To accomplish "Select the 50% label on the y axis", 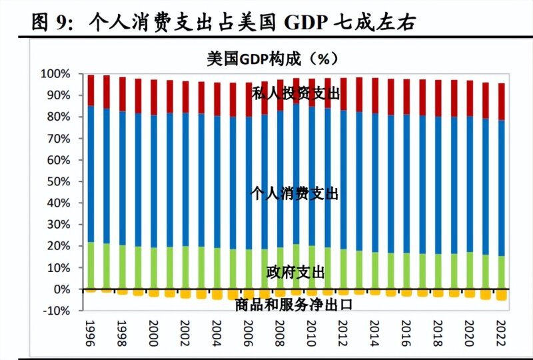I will (58, 181).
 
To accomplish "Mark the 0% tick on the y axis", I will (61, 289).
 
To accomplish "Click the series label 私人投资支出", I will (296, 94).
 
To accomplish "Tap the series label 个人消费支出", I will (294, 194).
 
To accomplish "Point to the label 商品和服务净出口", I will (294, 305).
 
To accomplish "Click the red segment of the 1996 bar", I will (91, 91).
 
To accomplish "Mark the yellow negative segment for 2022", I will (500, 295).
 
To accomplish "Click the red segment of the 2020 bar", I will (469, 99).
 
